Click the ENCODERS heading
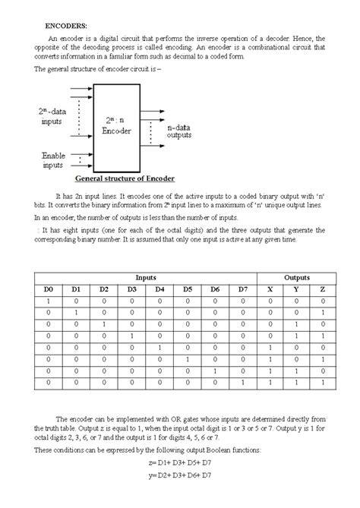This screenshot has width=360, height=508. click(66, 26)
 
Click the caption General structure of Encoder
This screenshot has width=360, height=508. click(125, 179)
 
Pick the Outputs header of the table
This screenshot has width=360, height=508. click(296, 279)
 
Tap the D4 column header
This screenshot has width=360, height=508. click(159, 290)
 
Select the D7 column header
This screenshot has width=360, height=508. click(242, 290)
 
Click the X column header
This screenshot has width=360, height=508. click(270, 290)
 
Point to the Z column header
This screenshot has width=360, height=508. click(323, 290)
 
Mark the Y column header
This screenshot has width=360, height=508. click(296, 290)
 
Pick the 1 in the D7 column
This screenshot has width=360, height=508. click(242, 383)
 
